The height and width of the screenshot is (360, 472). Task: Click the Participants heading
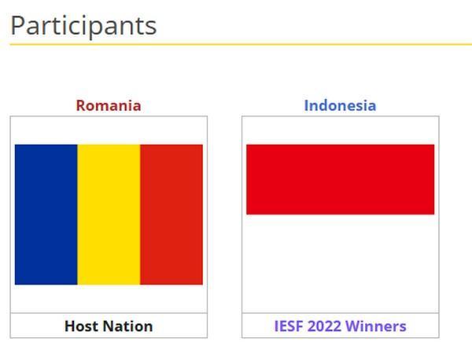[83, 27]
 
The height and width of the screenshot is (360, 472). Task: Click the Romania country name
[109, 105]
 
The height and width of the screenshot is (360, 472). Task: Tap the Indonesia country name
[340, 105]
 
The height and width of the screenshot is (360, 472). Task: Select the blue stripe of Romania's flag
[46, 215]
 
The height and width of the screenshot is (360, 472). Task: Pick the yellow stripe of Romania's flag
[109, 215]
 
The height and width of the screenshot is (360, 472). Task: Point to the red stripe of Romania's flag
[171, 215]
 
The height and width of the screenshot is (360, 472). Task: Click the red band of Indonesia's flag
[341, 179]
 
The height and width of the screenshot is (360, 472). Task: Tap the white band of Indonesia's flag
[341, 250]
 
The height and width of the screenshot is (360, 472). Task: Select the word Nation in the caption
[130, 326]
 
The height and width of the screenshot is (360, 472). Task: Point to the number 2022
[324, 326]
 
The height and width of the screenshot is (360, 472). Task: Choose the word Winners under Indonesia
[376, 326]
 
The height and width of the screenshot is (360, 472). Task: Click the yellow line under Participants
[241, 44]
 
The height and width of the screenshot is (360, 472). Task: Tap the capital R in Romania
[81, 105]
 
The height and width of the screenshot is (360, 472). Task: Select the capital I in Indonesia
[307, 105]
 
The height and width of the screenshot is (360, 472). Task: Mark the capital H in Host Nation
[70, 326]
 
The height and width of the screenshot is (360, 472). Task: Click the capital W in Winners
[353, 326]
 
